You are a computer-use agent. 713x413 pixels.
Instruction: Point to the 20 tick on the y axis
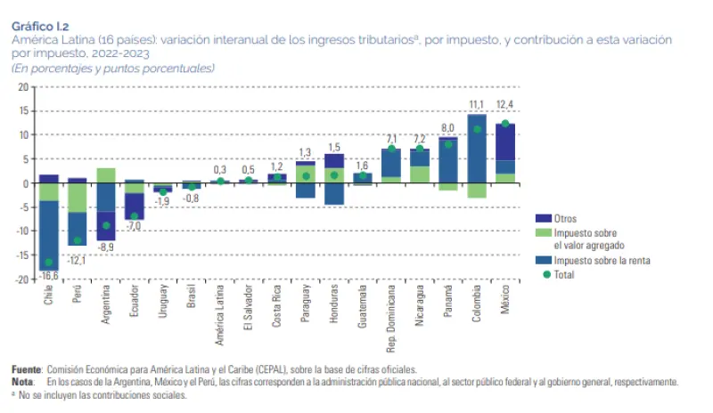click(x=23, y=87)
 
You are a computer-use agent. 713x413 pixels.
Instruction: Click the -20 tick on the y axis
click(x=21, y=279)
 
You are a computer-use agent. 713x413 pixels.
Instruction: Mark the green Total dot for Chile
click(x=48, y=263)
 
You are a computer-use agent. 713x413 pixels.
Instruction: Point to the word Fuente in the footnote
click(x=27, y=369)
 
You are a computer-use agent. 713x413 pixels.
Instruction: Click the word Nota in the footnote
click(x=23, y=382)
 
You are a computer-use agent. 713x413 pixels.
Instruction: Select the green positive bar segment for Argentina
click(x=106, y=175)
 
